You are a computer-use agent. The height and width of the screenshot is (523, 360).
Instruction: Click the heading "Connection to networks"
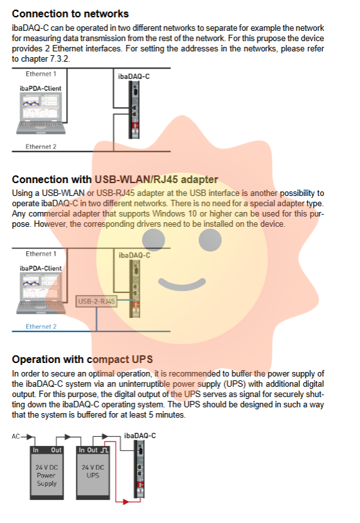[x=70, y=13]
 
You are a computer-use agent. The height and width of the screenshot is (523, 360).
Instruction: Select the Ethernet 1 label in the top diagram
[x=41, y=74]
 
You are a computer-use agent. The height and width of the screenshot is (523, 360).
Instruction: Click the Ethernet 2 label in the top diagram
[x=41, y=146]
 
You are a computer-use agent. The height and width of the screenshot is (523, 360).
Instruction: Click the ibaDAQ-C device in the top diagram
[x=134, y=110]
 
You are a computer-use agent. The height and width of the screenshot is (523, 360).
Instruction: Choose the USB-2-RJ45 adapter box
[x=96, y=301]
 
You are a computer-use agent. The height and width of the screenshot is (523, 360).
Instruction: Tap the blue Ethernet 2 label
[x=41, y=326]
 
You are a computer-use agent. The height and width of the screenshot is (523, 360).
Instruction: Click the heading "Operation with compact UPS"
[x=82, y=360]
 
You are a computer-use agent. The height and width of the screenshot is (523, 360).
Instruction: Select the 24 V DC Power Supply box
[x=47, y=473]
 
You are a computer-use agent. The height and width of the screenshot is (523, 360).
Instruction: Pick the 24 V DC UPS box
[x=93, y=473]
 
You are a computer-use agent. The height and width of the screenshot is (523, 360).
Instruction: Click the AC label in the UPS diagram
[x=15, y=437]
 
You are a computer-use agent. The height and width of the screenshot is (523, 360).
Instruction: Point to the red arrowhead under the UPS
[x=126, y=501]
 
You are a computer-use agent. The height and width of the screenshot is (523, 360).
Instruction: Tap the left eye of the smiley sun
[x=154, y=240]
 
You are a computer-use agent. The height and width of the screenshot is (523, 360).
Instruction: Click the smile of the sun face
[x=182, y=284]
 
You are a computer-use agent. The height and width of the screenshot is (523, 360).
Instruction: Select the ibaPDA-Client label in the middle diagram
[x=40, y=268]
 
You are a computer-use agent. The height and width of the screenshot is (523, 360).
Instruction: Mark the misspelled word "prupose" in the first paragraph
[x=274, y=39]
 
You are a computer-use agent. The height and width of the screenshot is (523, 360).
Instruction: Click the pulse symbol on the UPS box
[x=104, y=450]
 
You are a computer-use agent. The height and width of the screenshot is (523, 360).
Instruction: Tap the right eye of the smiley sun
[x=210, y=240]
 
